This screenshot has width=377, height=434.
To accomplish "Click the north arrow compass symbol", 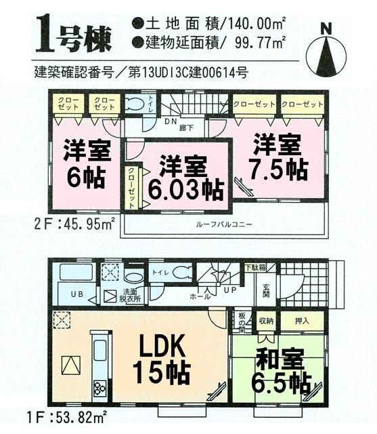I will [x=328, y=51].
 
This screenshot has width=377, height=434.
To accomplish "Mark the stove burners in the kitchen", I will [x=99, y=388].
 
